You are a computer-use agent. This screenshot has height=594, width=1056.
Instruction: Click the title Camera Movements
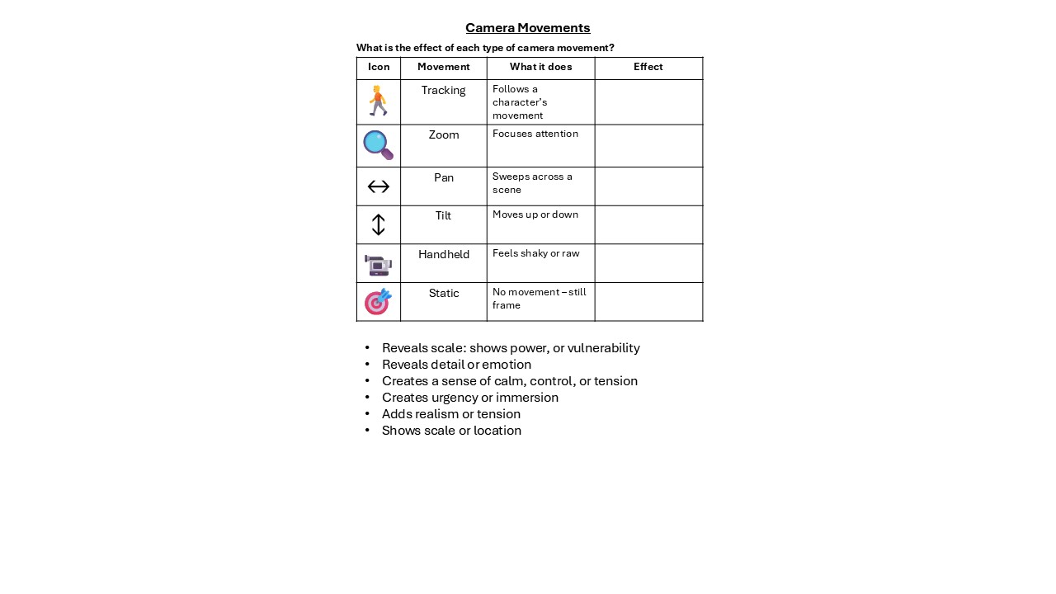[x=527, y=28]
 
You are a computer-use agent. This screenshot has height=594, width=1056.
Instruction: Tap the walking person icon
[x=378, y=101]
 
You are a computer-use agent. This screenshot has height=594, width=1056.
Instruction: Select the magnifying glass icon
[x=378, y=145]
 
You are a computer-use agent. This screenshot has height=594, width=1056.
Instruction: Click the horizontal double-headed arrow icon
[x=378, y=186]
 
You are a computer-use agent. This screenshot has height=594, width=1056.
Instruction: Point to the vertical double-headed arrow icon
[x=378, y=224]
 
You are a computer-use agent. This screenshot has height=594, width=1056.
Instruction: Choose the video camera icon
[x=378, y=265]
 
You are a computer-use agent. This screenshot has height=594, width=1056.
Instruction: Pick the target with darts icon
[x=378, y=302]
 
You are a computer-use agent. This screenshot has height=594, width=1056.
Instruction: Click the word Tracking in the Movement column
[x=443, y=90]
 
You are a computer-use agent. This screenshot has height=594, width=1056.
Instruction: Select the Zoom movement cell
[x=443, y=135]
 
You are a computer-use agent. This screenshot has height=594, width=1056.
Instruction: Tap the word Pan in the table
[x=443, y=177]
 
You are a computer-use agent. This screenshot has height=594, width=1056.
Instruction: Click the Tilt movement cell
[x=443, y=216]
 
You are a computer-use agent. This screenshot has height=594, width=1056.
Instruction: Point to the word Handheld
[x=443, y=254]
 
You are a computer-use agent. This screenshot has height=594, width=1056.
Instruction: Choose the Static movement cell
[x=443, y=293]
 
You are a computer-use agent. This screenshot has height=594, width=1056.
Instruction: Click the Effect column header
[x=648, y=67]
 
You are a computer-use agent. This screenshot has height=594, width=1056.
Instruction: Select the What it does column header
[x=540, y=67]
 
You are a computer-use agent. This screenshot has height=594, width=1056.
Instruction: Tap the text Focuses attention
[x=535, y=134]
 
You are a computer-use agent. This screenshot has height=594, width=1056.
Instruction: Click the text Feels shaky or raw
[x=535, y=253]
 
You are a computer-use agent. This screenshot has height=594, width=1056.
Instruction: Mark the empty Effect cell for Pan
[x=648, y=186]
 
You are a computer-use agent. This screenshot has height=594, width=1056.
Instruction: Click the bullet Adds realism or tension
[x=450, y=414]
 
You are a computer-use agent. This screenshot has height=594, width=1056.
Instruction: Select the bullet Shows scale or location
[x=451, y=431]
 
